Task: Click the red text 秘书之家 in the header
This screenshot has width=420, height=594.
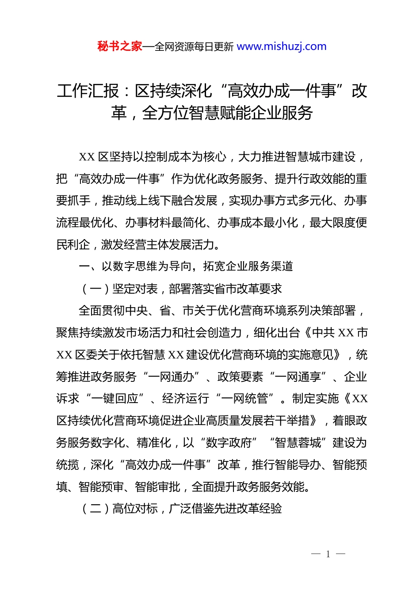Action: point(119,46)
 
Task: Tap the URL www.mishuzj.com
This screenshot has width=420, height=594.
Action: point(282,46)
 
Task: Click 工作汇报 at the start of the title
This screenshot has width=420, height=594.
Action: point(88,91)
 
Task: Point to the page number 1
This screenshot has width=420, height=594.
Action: point(328,554)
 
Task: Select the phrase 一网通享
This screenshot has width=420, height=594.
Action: point(298,377)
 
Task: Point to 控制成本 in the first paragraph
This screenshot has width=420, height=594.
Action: point(168,157)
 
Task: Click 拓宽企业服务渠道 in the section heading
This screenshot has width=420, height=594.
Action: point(248,266)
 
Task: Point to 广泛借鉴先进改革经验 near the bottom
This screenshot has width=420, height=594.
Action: point(225,509)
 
